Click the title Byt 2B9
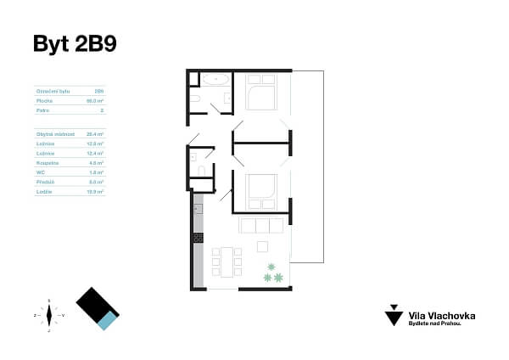tap(74, 44)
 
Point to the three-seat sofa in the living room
tap(261, 226)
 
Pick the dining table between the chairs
tap(227, 262)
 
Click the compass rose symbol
tap(49, 315)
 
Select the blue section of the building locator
tap(106, 321)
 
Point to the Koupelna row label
tap(46, 162)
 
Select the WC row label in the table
tap(40, 172)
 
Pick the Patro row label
tap(42, 110)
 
